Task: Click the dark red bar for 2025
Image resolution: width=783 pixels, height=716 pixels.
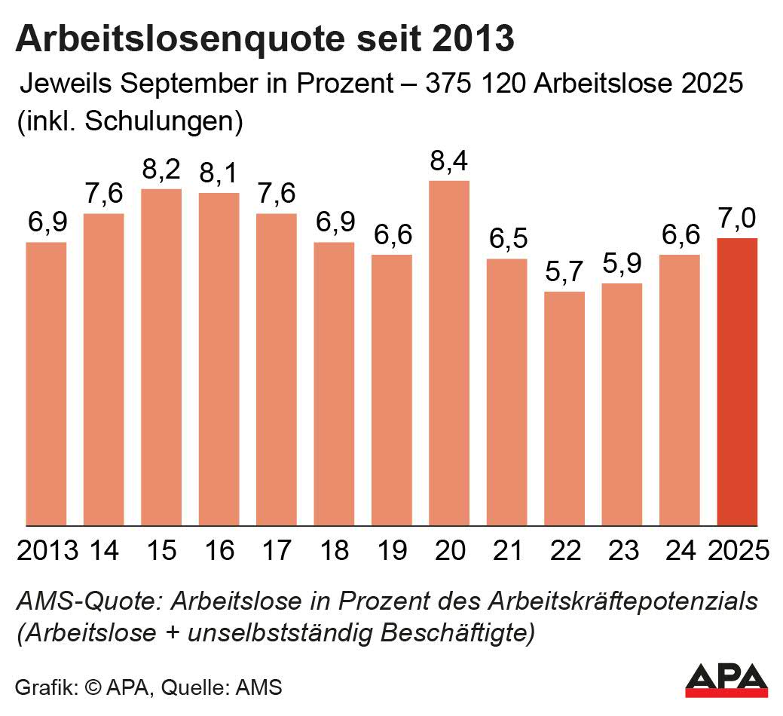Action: click(x=737, y=381)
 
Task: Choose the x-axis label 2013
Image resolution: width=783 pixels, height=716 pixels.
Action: click(x=47, y=550)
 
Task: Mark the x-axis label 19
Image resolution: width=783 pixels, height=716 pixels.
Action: click(x=392, y=550)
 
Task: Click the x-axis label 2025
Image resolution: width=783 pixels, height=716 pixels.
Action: click(x=739, y=550)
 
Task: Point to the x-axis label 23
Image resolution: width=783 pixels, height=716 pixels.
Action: click(x=622, y=550)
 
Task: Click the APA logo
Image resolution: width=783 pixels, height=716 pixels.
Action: click(x=726, y=680)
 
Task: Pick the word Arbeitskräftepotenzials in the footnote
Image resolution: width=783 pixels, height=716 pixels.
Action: click(x=623, y=602)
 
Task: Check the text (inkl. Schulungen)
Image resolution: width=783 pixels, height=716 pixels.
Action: click(x=129, y=121)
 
